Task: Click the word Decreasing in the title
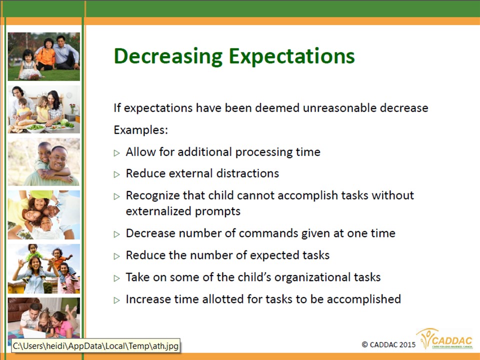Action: point(168,56)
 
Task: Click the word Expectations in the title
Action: point(291,56)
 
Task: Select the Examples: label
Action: point(141,130)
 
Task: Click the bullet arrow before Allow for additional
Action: point(116,153)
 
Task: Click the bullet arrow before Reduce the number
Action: point(116,256)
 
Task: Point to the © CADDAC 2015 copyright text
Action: point(389,344)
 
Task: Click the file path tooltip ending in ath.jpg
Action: point(96,346)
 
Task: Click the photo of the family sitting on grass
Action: point(44,56)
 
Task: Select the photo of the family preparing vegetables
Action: point(44,109)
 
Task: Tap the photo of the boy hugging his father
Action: point(44,162)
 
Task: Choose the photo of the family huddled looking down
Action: point(44,215)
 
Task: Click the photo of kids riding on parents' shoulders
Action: point(44,269)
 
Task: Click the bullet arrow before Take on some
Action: point(116,278)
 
